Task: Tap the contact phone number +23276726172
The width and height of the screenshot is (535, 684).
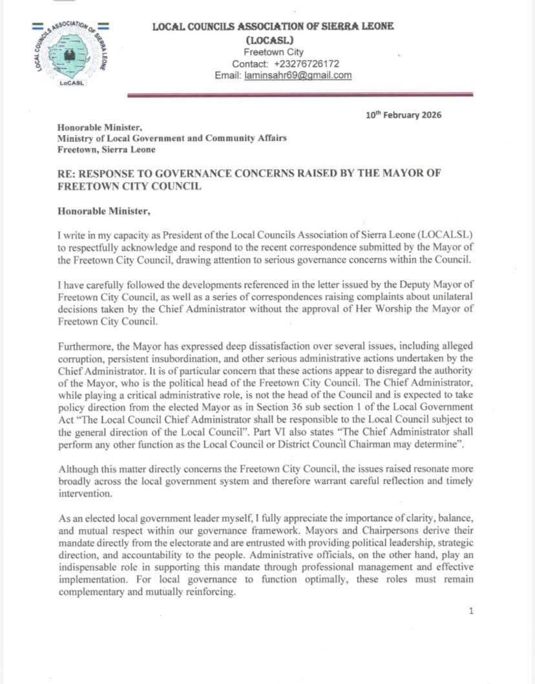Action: click(306, 64)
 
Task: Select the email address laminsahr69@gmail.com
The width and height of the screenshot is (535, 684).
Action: click(298, 75)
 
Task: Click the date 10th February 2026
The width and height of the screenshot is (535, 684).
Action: click(404, 115)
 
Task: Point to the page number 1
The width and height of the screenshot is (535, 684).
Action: click(471, 610)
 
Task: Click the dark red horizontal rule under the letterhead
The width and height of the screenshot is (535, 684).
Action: click(300, 95)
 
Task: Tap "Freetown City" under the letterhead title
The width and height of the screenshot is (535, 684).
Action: click(273, 52)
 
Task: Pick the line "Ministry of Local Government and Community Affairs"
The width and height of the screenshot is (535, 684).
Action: click(172, 138)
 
